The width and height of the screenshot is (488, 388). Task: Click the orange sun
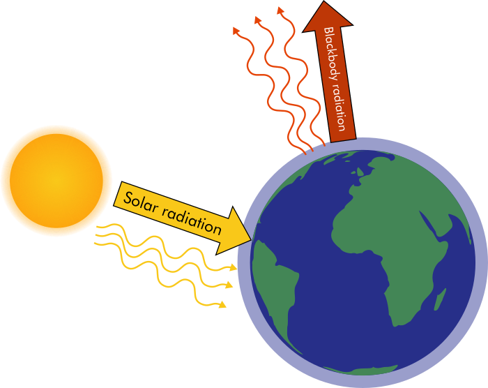(56, 181)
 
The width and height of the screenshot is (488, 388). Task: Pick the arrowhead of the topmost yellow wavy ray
(234, 267)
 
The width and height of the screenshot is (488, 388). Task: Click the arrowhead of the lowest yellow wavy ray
(222, 304)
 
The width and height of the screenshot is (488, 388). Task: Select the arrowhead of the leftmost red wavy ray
(236, 30)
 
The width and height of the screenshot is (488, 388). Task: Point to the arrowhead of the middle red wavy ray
(257, 20)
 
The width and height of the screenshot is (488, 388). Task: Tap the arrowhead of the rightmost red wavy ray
(280, 10)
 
